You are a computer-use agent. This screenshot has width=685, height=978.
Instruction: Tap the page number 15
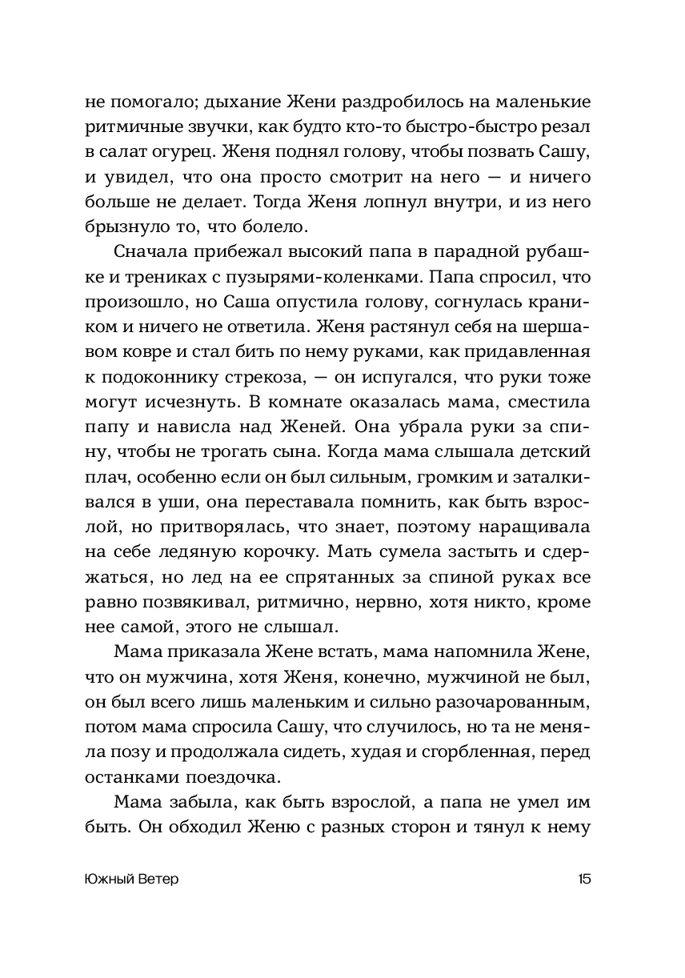coord(583,880)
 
